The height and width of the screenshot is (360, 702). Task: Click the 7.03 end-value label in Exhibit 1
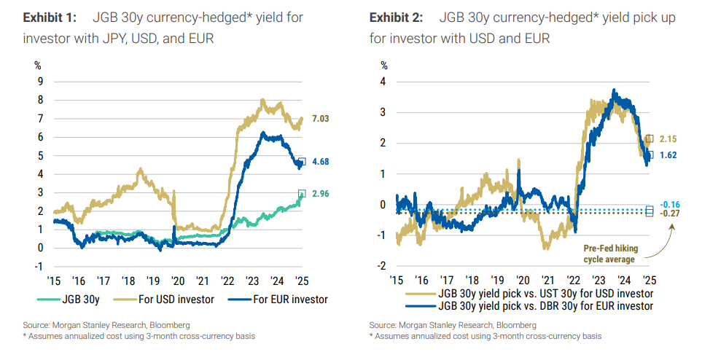coord(321,119)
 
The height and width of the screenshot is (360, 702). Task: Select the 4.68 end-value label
coord(321,163)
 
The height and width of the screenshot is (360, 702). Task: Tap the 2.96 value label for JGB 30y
coord(321,195)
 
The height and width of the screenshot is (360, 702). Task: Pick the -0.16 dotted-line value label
coord(670,204)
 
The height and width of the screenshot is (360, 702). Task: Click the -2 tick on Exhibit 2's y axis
coord(382,266)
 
